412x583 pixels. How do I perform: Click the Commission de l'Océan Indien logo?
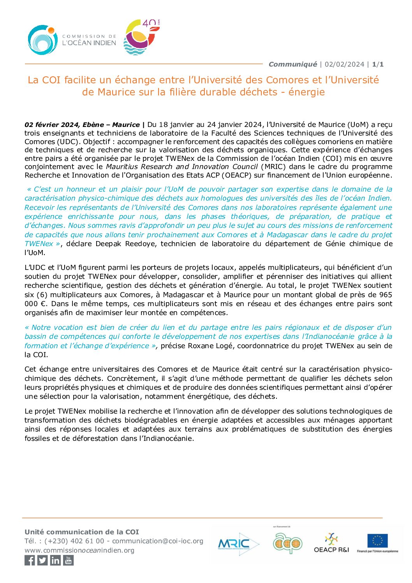coord(72,40)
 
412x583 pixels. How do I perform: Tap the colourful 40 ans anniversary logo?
coord(141,37)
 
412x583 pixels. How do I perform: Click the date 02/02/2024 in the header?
coord(345,64)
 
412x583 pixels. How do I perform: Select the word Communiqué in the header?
coord(293,64)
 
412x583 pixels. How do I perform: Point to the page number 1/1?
coord(378,64)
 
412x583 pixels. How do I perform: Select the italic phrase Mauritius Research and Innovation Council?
coord(182,167)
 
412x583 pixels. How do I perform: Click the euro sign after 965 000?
coord(43,304)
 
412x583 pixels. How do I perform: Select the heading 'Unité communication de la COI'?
coord(82,532)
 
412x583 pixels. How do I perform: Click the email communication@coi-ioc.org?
coord(158,541)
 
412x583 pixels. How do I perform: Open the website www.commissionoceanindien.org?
coord(79,550)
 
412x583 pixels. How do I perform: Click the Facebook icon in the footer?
coord(30,560)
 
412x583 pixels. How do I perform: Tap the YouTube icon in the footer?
coord(68,560)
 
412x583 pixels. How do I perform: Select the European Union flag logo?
coord(377,542)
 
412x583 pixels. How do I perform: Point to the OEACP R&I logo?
coord(331,542)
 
